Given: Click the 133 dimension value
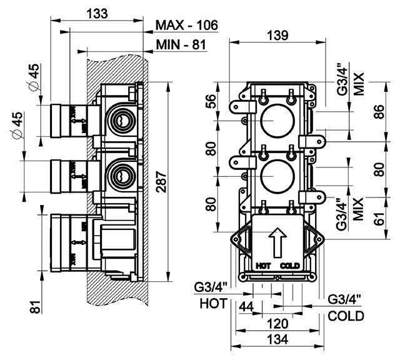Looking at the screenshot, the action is [x=97, y=13].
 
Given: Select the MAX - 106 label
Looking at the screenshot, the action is [x=187, y=25].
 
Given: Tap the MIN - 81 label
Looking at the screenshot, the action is [x=181, y=45].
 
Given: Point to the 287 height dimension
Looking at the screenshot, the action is [x=161, y=182].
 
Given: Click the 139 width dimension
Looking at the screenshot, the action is [x=277, y=35].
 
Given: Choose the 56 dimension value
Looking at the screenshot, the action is [x=211, y=101].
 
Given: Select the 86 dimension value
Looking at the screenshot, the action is [x=380, y=111].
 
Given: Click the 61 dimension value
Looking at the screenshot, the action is [x=380, y=218].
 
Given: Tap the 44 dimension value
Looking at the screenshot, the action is [x=246, y=306].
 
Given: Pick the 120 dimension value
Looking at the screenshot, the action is [x=277, y=324].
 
